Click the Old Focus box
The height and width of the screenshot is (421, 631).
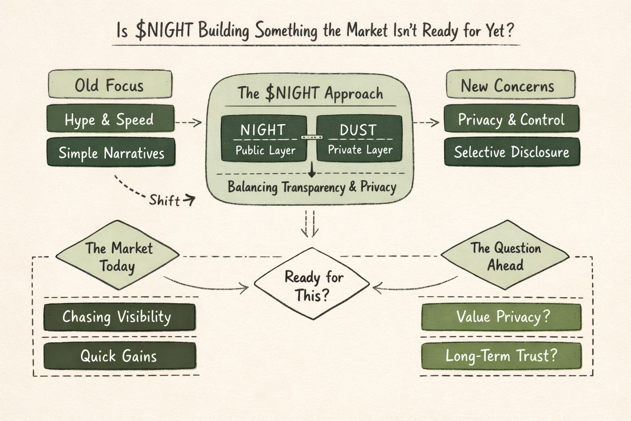(x=110, y=85)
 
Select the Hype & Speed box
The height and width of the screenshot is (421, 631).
(x=110, y=119)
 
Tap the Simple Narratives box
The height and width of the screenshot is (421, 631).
(x=111, y=153)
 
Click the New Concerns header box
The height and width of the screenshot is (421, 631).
(x=510, y=85)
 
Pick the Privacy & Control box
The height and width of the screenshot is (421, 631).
(x=511, y=119)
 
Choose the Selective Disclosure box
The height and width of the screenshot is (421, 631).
(x=511, y=152)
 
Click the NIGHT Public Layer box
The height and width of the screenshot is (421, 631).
(x=264, y=139)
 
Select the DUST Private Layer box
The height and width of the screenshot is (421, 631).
(x=359, y=139)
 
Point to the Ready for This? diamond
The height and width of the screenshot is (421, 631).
(x=312, y=284)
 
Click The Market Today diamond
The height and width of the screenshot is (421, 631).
(x=118, y=256)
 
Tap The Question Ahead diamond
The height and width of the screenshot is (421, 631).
(x=505, y=256)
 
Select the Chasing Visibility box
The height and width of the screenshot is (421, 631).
(x=119, y=317)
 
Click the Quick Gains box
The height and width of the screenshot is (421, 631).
(x=119, y=356)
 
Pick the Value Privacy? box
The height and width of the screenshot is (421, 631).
(x=502, y=317)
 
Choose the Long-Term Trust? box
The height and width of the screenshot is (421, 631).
(x=502, y=356)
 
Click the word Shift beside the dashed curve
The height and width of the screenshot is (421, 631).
(x=164, y=201)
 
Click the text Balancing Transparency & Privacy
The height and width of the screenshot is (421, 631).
(x=312, y=187)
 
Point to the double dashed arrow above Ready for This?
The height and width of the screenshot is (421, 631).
(x=310, y=224)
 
